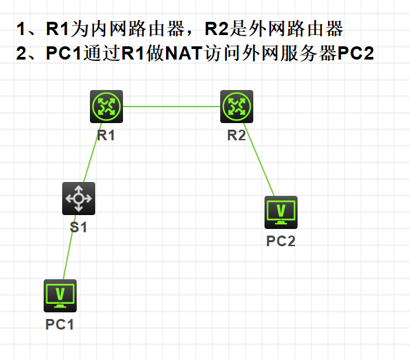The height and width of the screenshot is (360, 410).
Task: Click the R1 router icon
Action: click(x=106, y=107)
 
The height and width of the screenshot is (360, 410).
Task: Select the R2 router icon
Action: click(x=237, y=107)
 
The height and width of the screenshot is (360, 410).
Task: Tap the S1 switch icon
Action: click(x=79, y=198)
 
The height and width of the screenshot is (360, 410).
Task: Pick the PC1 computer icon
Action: click(x=60, y=295)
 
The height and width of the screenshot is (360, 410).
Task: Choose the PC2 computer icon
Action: click(x=281, y=212)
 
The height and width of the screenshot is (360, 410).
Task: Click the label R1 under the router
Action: click(x=106, y=136)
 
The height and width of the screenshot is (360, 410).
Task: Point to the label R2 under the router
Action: click(x=237, y=136)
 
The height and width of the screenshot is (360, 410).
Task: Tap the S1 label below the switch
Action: click(x=79, y=228)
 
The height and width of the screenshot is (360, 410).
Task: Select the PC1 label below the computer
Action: click(x=60, y=324)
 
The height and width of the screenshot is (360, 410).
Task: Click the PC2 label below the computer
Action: click(x=281, y=241)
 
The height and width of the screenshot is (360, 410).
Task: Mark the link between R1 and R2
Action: click(x=172, y=107)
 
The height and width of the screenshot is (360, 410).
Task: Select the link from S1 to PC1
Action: click(x=69, y=248)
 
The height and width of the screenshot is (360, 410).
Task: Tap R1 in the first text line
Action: click(x=58, y=29)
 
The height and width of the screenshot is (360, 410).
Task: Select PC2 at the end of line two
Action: click(x=356, y=54)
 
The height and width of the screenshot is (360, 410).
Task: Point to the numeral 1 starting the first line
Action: click(x=22, y=29)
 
